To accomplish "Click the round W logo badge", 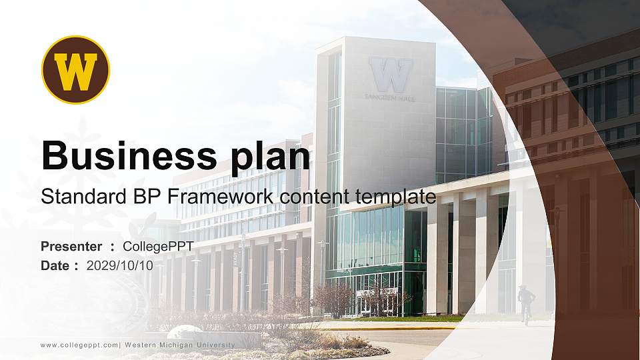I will click(75, 69).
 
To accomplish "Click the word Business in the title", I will click(125, 157).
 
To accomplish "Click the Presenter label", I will click(71, 247).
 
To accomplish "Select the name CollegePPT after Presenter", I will click(158, 247).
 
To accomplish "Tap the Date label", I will click(55, 265).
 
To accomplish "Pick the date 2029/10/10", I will click(120, 265).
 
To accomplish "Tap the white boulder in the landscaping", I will click(184, 331).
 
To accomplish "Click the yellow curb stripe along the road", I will click(387, 327).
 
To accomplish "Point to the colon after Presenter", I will click(112, 247).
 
